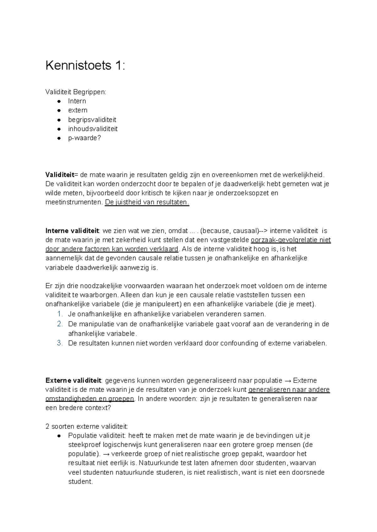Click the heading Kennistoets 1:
[85, 66]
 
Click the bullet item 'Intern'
[77, 101]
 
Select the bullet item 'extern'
[78, 110]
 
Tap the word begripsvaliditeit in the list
[92, 120]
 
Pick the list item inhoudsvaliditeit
[93, 129]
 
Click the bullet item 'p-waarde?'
[85, 138]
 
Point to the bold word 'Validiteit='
[62, 175]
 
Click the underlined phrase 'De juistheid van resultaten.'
[147, 202]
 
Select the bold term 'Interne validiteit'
[72, 231]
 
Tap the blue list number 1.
[60, 314]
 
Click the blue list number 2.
[60, 324]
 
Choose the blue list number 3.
[60, 343]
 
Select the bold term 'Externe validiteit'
[73, 381]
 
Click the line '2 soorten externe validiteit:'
[87, 426]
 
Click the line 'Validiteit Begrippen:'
[76, 92]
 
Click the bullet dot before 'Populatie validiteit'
[59, 436]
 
